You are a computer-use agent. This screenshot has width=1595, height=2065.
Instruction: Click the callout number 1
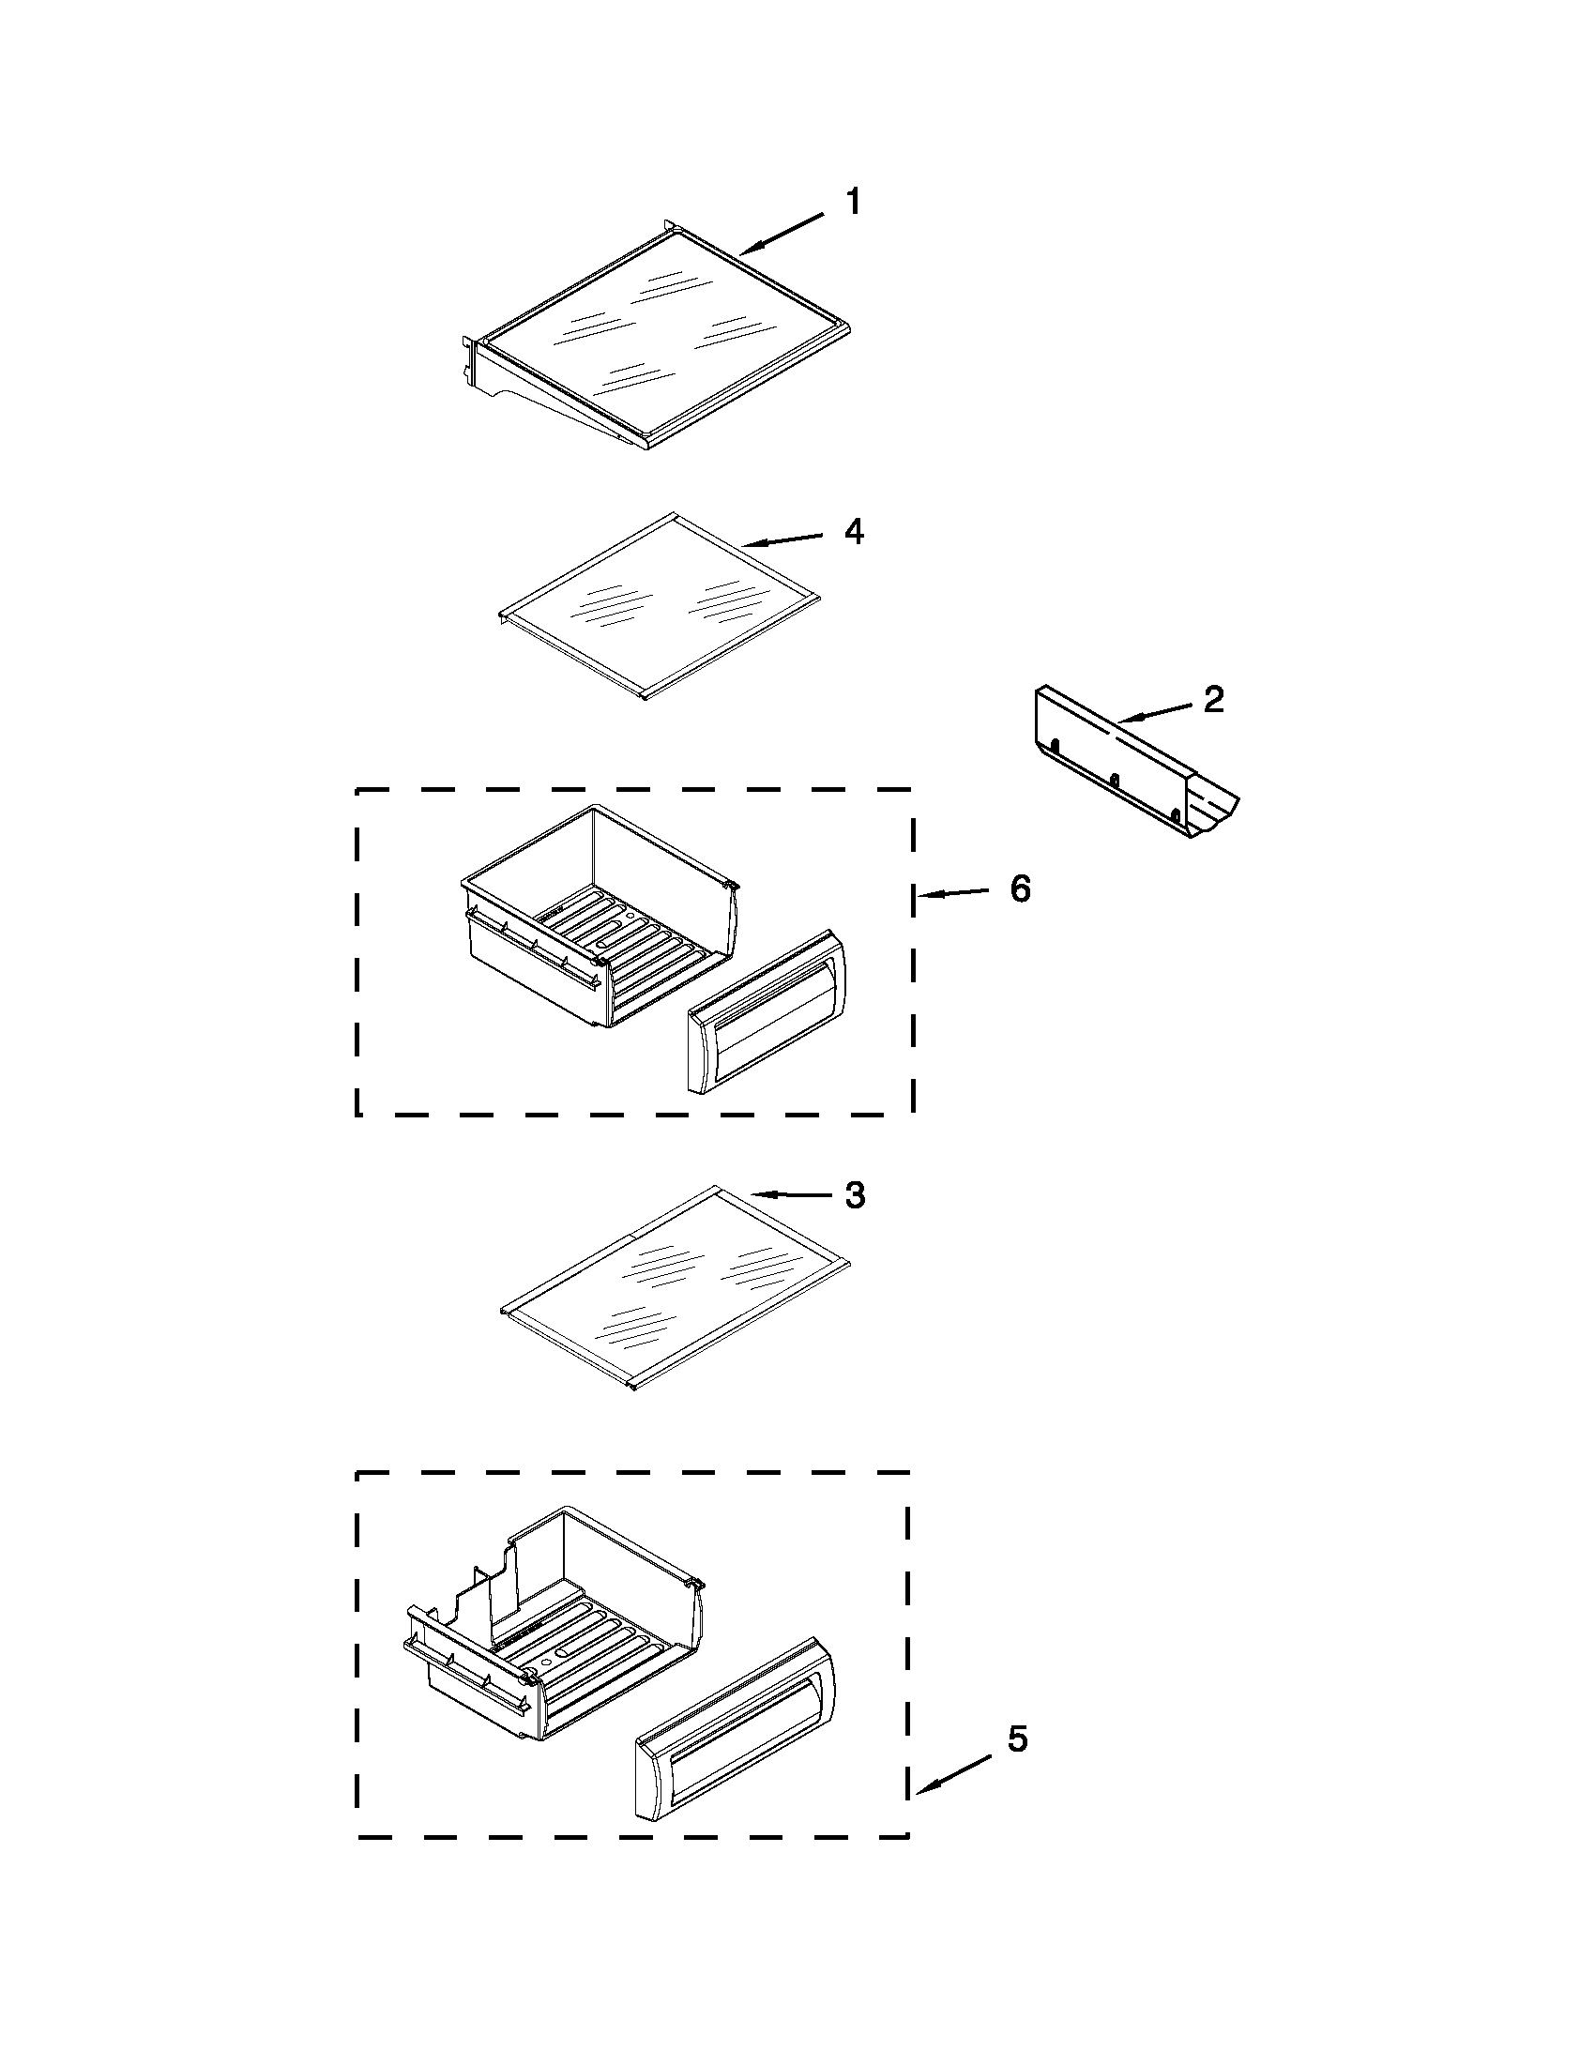pos(852,202)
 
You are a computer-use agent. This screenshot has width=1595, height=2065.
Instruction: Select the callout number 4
pos(853,531)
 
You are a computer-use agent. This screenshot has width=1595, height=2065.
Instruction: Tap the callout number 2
pos(1213,699)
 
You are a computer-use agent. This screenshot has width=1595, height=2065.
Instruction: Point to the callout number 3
pos(854,1195)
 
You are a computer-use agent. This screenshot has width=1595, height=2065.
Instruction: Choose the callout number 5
pos(1016,1739)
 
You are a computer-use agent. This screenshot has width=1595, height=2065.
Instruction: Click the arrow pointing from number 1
pos(781,234)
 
